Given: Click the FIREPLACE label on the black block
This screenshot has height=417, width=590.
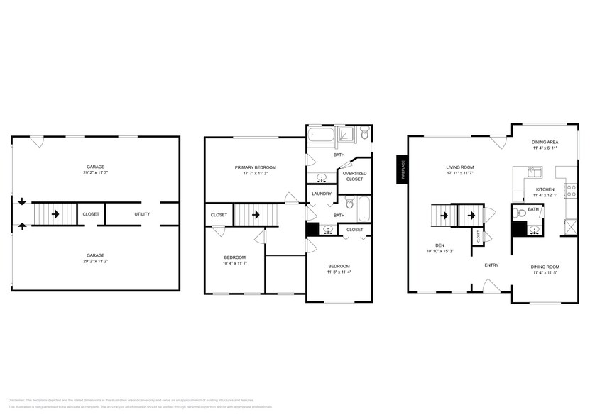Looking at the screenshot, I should click(x=402, y=170).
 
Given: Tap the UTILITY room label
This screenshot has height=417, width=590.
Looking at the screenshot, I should click(x=143, y=213).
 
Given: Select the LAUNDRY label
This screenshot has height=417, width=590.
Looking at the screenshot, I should click(x=322, y=194).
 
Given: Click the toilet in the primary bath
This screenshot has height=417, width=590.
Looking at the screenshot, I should click(x=364, y=133).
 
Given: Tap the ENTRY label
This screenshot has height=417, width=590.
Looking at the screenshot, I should click(x=491, y=265).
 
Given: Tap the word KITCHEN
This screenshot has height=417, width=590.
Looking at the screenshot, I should click(x=545, y=189).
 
